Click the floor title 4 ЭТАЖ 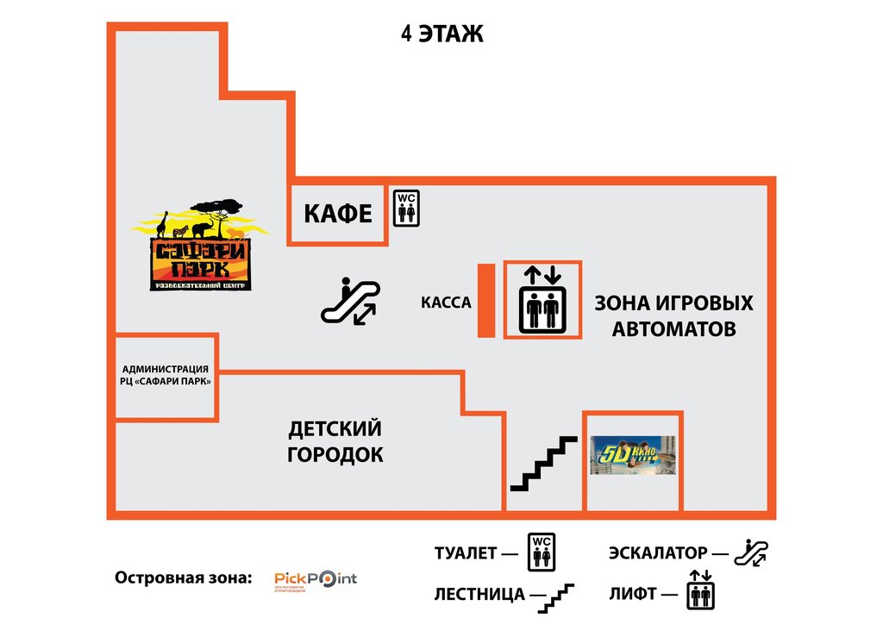[442, 34]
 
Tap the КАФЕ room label [337, 214]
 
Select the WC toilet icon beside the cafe [405, 208]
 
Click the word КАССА [446, 303]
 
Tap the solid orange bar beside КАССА [485, 301]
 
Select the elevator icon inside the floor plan [542, 299]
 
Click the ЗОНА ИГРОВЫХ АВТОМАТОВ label [673, 315]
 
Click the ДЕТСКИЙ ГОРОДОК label [335, 441]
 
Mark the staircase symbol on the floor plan [543, 464]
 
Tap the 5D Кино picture [632, 454]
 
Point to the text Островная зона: [183, 577]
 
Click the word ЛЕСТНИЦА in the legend [479, 594]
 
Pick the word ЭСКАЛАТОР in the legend [658, 553]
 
